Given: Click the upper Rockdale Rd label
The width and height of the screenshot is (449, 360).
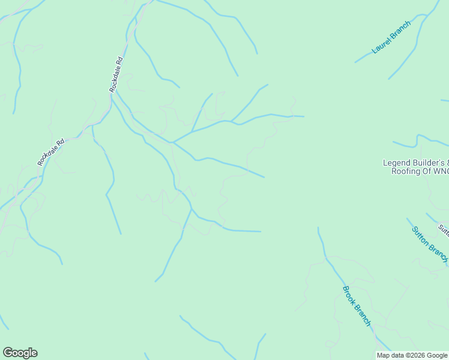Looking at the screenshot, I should click(x=116, y=74).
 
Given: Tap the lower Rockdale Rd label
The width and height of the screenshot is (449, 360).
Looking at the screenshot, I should click(x=50, y=153).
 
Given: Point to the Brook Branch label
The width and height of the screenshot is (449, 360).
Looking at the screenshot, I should click(x=357, y=306).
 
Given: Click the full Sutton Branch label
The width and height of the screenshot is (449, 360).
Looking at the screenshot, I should click(x=430, y=244).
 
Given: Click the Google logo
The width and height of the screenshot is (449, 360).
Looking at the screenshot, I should click(x=20, y=353).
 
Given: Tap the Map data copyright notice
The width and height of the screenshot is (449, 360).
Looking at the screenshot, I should click(x=412, y=355).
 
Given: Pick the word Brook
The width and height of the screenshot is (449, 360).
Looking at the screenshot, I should click(x=349, y=295).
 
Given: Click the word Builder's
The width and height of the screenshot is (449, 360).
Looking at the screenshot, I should click(x=429, y=163).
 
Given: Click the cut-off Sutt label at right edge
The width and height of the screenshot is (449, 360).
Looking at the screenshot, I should click(x=444, y=229).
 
